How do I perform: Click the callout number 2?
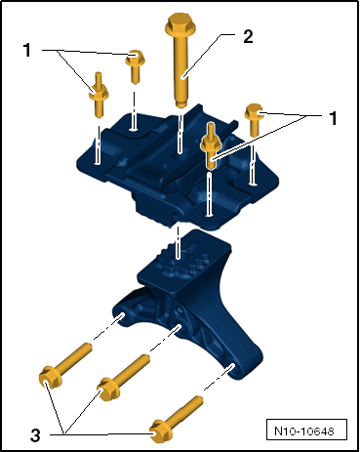tap(248, 36)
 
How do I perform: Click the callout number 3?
tap(35, 435)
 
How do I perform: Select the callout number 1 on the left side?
tap(27, 51)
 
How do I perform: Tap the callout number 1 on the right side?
tap(333, 118)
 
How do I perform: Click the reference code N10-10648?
tap(304, 431)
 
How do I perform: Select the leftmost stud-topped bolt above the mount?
tap(99, 95)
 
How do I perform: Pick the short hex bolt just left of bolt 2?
tap(135, 66)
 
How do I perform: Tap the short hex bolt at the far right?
tap(254, 120)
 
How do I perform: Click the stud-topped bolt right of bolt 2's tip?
tap(211, 145)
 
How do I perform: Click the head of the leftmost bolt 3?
tap(50, 377)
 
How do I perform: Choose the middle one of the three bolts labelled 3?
tap(124, 377)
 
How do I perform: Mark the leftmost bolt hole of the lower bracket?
tap(121, 316)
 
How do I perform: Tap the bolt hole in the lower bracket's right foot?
tap(232, 367)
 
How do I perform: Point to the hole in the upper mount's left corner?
tap(97, 162)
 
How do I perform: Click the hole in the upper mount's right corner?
tap(253, 185)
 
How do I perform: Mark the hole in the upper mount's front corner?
tap(210, 214)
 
